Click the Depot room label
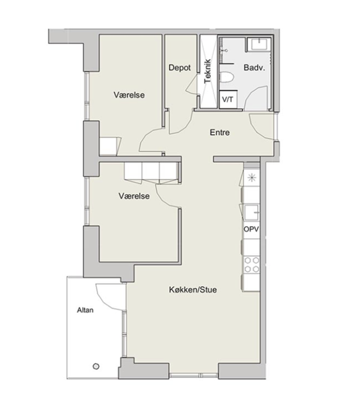coord(180,68)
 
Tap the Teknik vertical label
coord(208,72)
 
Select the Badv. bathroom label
coord(254,68)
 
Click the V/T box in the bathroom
coord(228,99)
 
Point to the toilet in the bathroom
coord(227,77)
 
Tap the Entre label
coord(220,133)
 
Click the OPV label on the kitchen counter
coord(251,229)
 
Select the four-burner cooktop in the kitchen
coord(252,265)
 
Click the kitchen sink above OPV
coord(251,212)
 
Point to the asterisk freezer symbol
coord(252,178)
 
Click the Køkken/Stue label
coord(193,290)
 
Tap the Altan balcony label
coord(85,310)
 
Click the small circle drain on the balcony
coord(96,366)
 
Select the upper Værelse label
coord(129,95)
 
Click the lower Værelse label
coord(134,196)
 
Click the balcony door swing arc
coord(104,300)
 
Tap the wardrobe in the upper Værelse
coord(110,147)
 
